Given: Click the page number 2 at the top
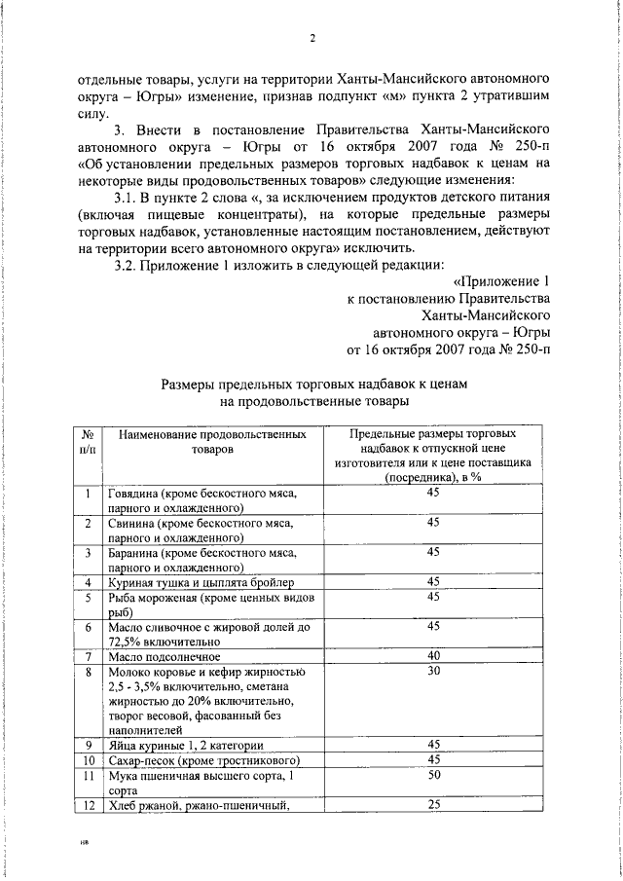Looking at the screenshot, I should coord(311,40).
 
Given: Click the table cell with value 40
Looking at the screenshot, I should coord(433,655).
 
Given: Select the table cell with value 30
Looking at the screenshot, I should coord(433,672).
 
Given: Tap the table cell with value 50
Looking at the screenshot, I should coord(433,774).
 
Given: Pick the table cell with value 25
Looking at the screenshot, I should coord(433,803).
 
